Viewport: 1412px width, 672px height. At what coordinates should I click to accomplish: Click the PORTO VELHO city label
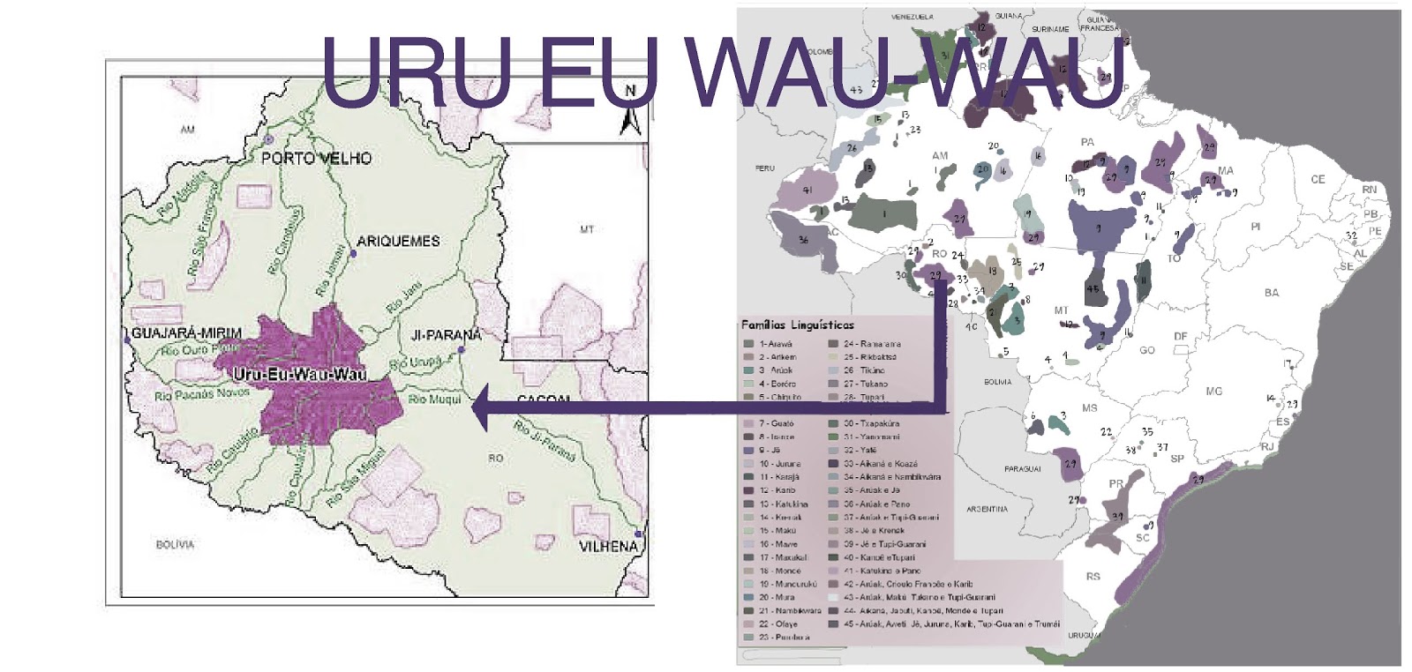316,159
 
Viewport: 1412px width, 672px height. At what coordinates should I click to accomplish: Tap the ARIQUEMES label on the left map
398,241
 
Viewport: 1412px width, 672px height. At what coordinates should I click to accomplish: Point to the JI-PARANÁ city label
447,335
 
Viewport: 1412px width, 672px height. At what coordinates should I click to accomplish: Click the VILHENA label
608,547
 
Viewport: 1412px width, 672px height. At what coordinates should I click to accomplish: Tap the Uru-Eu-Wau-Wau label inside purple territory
300,375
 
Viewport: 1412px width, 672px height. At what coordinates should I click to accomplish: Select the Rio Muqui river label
434,399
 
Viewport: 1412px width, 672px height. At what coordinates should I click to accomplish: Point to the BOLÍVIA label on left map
175,545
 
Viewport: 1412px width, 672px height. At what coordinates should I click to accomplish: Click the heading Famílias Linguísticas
797,325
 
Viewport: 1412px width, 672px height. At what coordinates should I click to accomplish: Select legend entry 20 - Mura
776,597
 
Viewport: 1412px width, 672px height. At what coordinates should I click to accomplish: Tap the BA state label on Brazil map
1271,293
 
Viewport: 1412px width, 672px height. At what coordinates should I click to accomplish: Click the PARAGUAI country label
1022,469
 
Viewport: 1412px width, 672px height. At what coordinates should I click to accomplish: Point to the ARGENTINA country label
986,509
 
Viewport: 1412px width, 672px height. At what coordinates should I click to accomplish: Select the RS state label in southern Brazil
1093,577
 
